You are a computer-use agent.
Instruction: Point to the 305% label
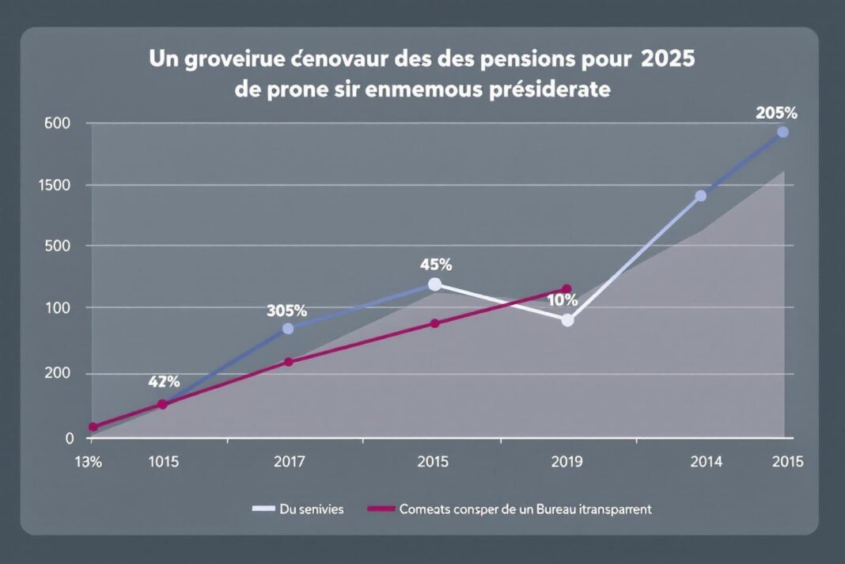pyautogui.click(x=287, y=311)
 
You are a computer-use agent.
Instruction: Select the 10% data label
pyautogui.click(x=562, y=301)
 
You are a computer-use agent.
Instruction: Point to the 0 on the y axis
pyautogui.click(x=69, y=437)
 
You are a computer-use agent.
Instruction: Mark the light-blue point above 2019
pyautogui.click(x=567, y=320)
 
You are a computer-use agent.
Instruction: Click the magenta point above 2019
pyautogui.click(x=566, y=289)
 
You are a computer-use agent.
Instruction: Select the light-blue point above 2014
pyautogui.click(x=700, y=196)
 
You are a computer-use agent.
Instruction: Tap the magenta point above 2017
pyautogui.click(x=289, y=362)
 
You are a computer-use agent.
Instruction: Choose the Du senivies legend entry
pyautogui.click(x=312, y=509)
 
